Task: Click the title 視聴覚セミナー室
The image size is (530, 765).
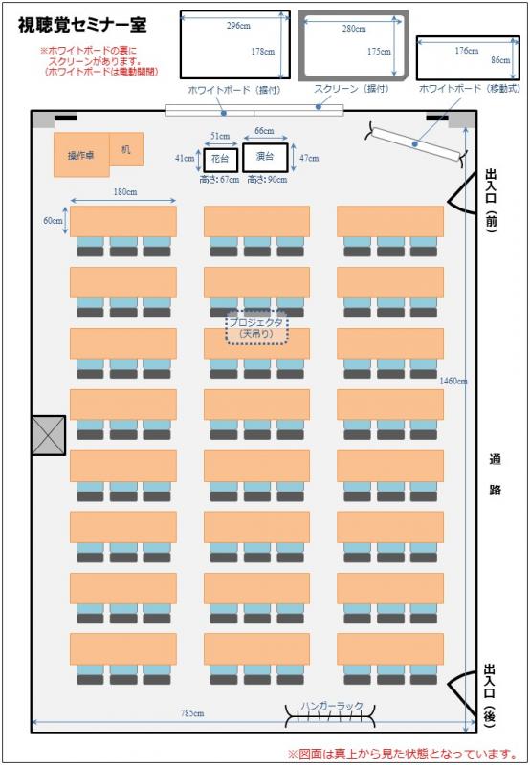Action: pyautogui.click(x=82, y=25)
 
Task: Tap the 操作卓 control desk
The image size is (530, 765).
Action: pyautogui.click(x=81, y=155)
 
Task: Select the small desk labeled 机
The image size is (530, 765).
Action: pyautogui.click(x=126, y=149)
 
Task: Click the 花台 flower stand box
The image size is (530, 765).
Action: pyautogui.click(x=221, y=159)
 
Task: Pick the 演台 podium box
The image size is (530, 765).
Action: pyautogui.click(x=265, y=157)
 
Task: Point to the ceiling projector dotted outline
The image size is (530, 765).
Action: pyautogui.click(x=256, y=328)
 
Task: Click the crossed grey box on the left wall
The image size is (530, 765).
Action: pyautogui.click(x=49, y=435)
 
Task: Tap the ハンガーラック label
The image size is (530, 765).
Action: pyautogui.click(x=332, y=706)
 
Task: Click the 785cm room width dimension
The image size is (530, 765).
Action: pyautogui.click(x=192, y=713)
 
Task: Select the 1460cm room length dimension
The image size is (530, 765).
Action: pyautogui.click(x=453, y=381)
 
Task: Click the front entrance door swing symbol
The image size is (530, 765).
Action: pyautogui.click(x=462, y=193)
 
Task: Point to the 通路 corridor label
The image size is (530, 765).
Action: pyautogui.click(x=495, y=474)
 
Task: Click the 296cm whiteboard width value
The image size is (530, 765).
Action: pyautogui.click(x=238, y=26)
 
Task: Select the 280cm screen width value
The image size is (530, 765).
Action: pyautogui.click(x=354, y=29)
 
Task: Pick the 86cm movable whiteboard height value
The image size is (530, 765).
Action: pyautogui.click(x=500, y=60)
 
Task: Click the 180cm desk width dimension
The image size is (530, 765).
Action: pyautogui.click(x=125, y=192)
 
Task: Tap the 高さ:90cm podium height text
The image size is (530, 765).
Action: pyautogui.click(x=267, y=180)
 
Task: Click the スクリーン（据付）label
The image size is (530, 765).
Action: pyautogui.click(x=351, y=89)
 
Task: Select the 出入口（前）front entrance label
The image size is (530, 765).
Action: pyautogui.click(x=491, y=200)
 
